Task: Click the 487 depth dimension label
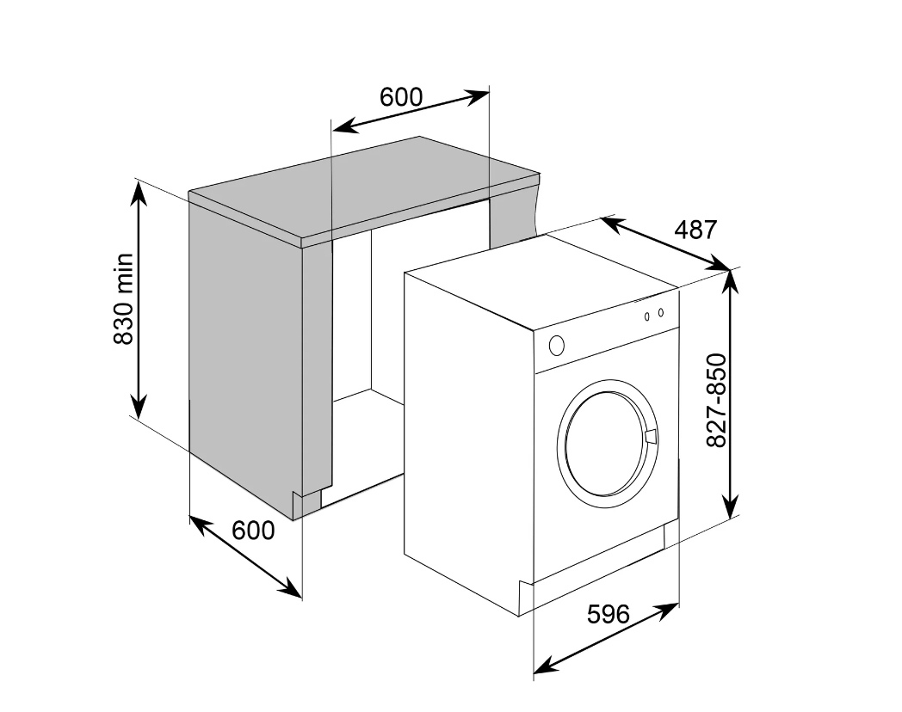click(695, 230)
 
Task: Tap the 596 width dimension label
click(608, 614)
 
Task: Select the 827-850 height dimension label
click(717, 400)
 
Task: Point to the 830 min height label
click(123, 299)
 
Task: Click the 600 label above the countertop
click(401, 97)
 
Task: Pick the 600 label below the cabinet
click(253, 530)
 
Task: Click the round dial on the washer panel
click(556, 346)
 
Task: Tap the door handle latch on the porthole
click(652, 437)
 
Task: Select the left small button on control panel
click(647, 316)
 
